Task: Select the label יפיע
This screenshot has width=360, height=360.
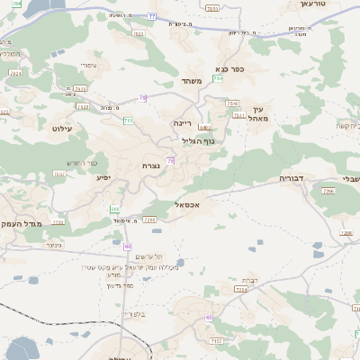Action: click(103, 177)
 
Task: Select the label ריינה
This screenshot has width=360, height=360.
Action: click(184, 119)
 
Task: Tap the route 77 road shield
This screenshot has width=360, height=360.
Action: click(152, 16)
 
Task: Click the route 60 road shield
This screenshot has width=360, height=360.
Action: click(128, 246)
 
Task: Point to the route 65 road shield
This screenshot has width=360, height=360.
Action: click(209, 318)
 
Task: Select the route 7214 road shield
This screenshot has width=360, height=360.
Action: click(242, 290)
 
